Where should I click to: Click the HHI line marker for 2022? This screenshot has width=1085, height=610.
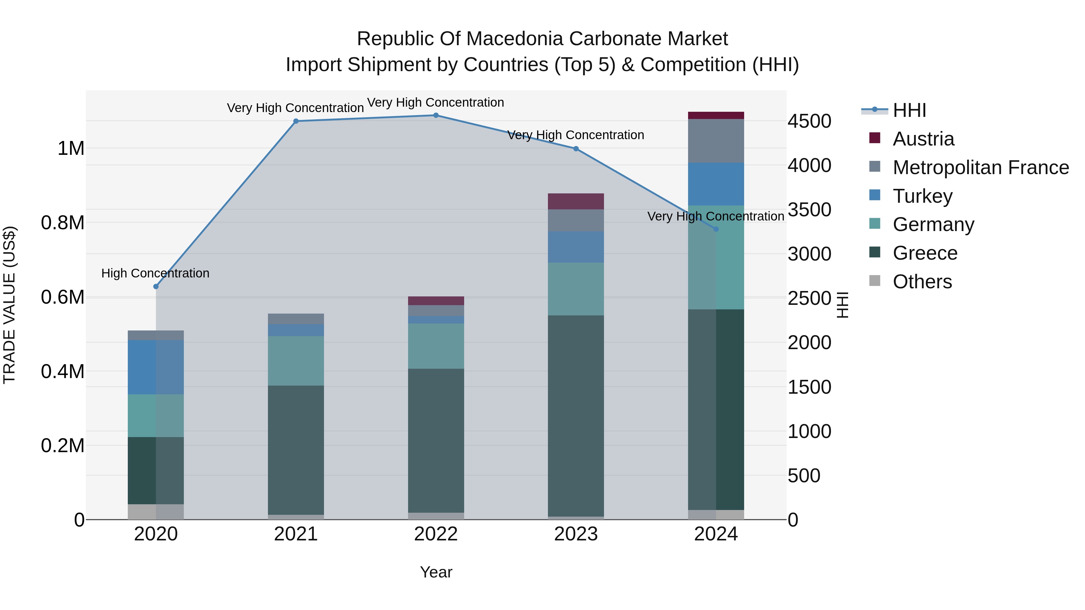436,115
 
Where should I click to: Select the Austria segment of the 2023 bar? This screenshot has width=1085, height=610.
576,201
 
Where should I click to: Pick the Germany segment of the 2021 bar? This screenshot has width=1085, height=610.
296,361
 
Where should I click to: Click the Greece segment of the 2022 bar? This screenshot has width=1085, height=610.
436,440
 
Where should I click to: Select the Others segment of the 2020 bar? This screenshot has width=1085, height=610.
156,511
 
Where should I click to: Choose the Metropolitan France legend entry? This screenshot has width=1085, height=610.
980,167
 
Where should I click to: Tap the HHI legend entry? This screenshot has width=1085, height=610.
909,110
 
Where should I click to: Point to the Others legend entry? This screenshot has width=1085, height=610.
922,282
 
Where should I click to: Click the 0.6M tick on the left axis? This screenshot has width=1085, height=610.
62,297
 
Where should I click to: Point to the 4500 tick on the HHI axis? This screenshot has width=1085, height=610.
809,121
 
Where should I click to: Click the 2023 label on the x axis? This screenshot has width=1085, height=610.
576,534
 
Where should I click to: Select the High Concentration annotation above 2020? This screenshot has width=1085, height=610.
156,273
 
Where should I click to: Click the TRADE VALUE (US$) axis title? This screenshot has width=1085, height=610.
9,305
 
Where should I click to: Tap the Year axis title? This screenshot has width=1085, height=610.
436,572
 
